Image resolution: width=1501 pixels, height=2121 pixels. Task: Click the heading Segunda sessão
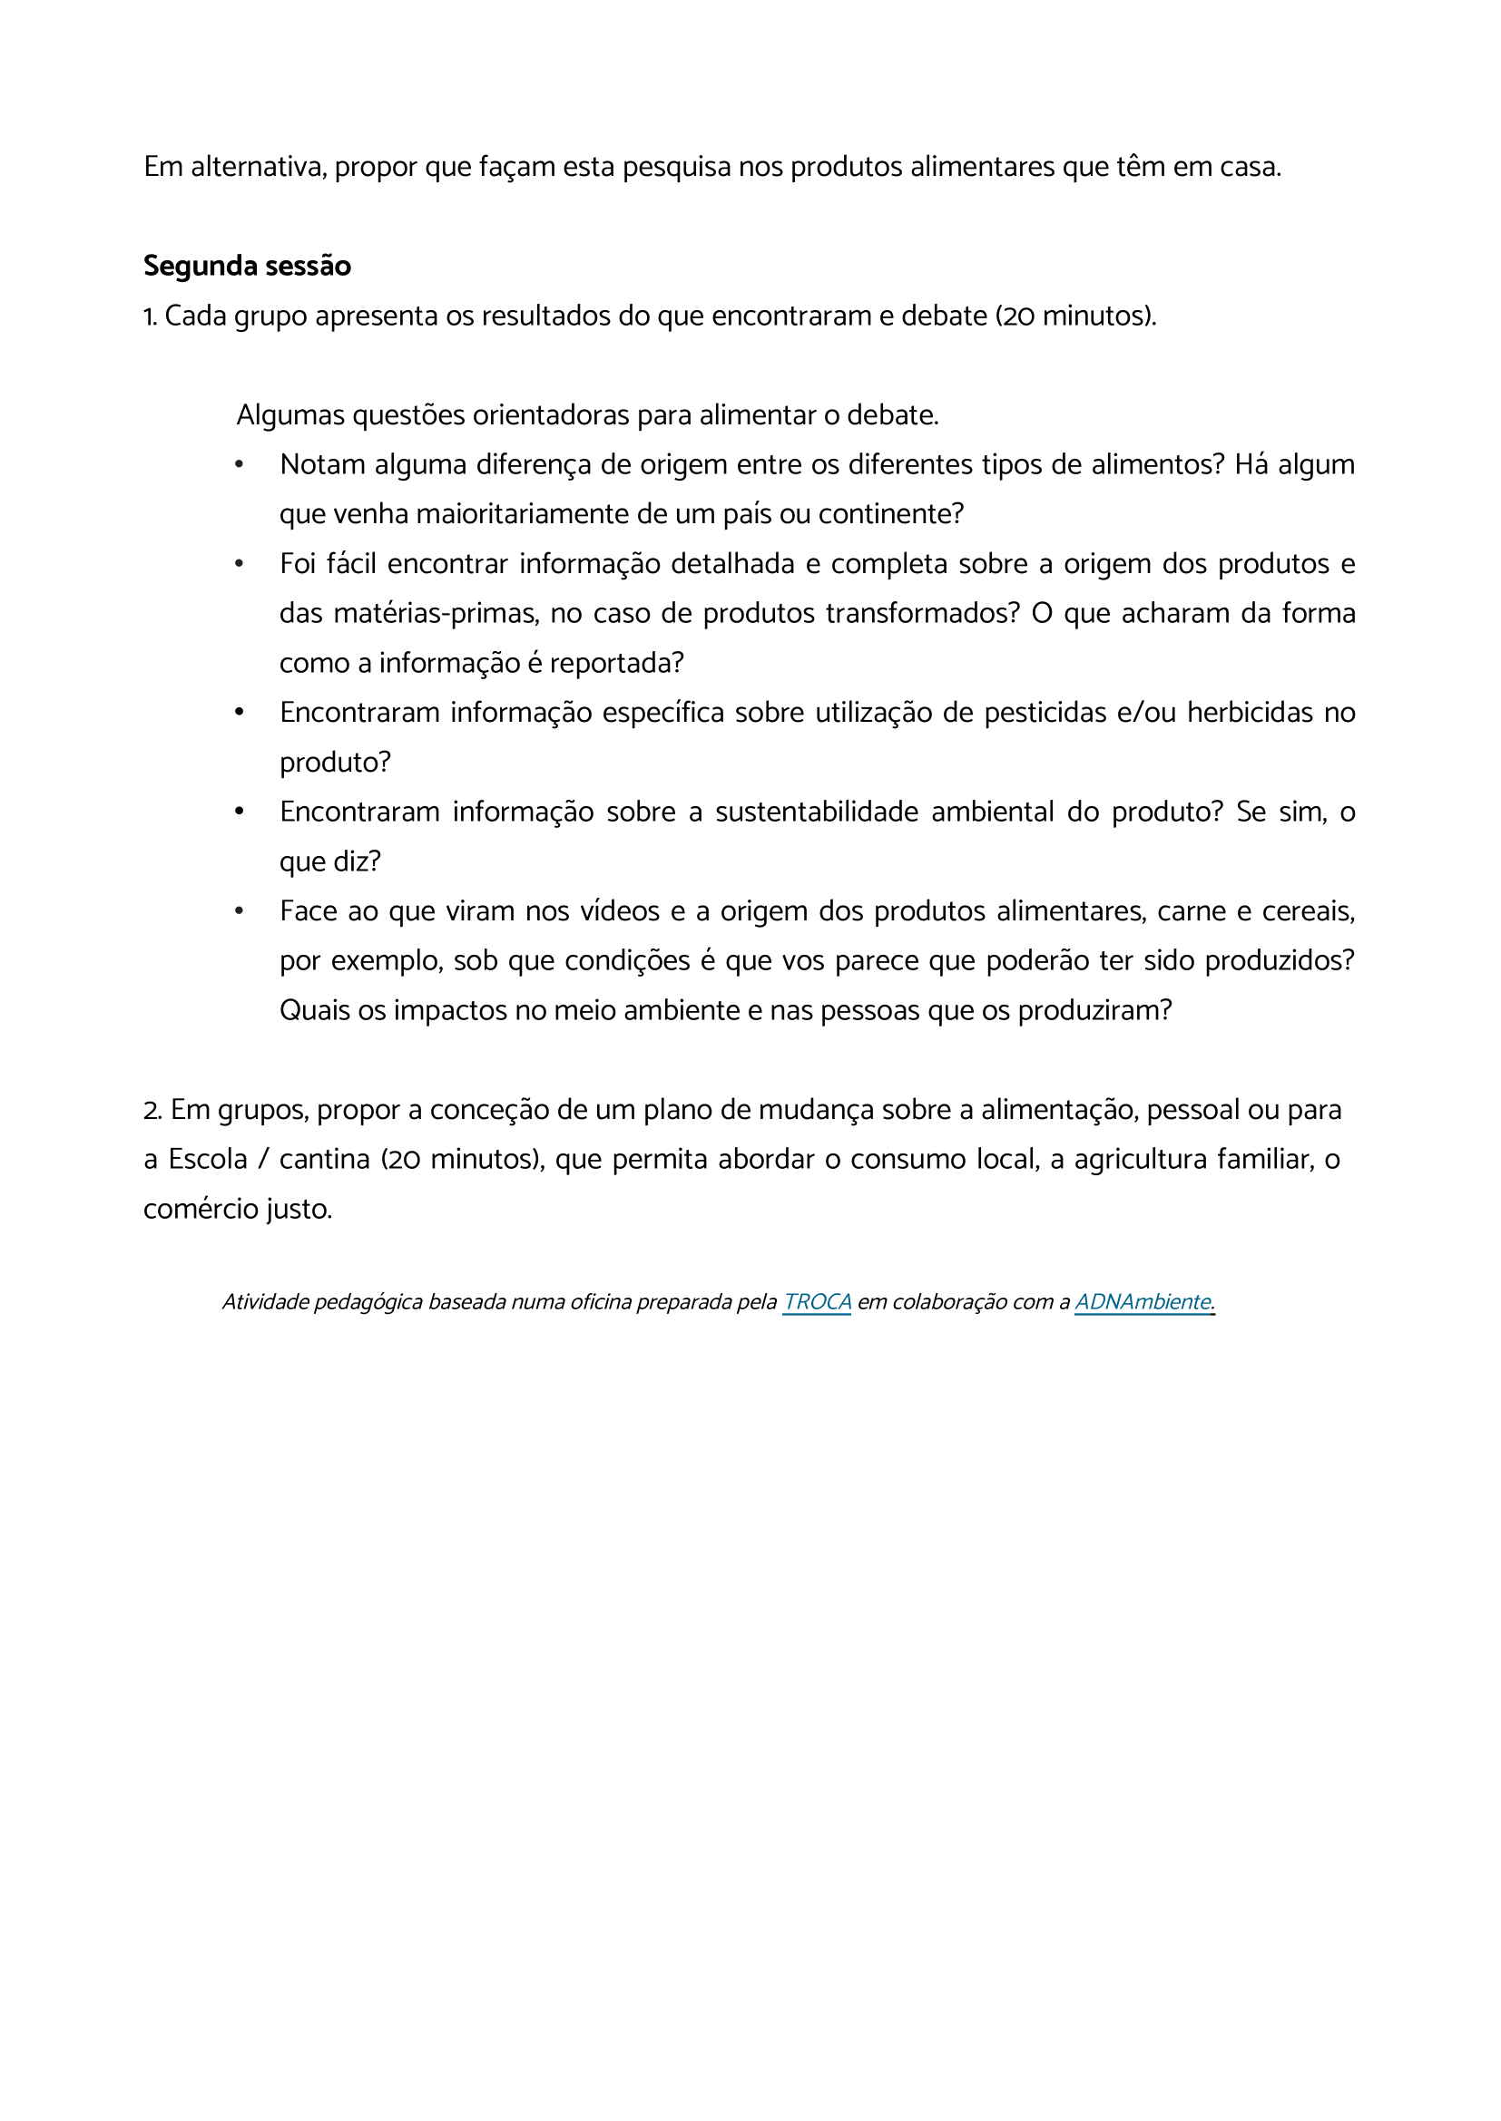[x=247, y=266]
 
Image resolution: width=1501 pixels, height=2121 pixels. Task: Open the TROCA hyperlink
[x=816, y=1301]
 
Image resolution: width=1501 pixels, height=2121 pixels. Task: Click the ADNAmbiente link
[x=1143, y=1301]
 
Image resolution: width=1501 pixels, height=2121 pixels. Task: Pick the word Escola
[x=208, y=1160]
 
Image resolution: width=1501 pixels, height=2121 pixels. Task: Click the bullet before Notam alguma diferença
[x=239, y=463]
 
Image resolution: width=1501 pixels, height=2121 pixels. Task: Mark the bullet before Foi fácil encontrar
[x=239, y=563]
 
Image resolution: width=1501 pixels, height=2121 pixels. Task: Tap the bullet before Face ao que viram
[x=239, y=910]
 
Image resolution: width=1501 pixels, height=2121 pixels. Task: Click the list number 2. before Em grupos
[x=152, y=1111]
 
